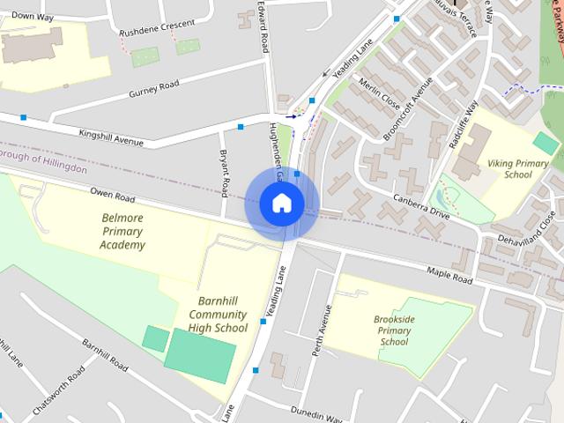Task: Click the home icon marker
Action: (x=282, y=204)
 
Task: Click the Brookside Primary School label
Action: (x=393, y=330)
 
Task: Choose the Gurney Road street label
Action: (x=153, y=89)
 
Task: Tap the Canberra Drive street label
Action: (x=421, y=205)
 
